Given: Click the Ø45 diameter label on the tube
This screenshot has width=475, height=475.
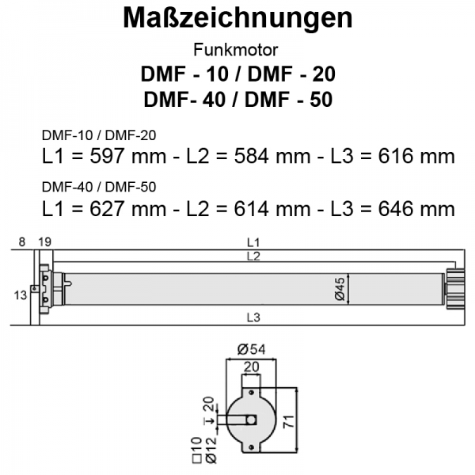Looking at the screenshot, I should tap(339, 288).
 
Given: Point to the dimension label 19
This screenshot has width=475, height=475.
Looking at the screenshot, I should tap(44, 241).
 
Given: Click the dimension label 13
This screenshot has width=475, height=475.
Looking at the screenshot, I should tap(21, 294).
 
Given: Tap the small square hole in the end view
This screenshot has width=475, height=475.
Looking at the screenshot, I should tap(252, 420).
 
